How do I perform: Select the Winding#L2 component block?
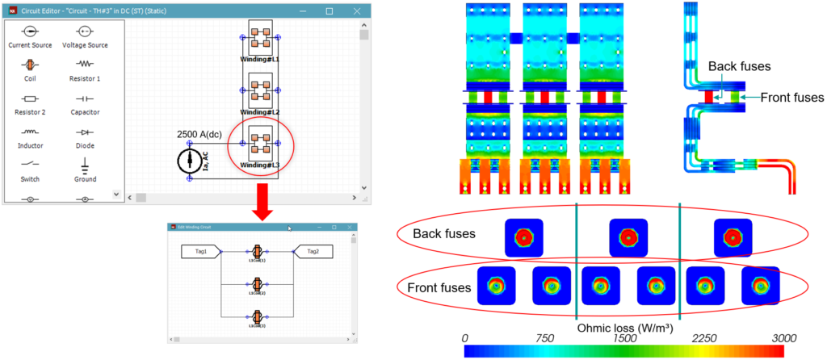(x=259, y=91)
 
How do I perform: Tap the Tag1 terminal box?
(x=201, y=252)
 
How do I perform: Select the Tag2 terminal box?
(x=313, y=252)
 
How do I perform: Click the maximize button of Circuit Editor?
(x=329, y=11)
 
